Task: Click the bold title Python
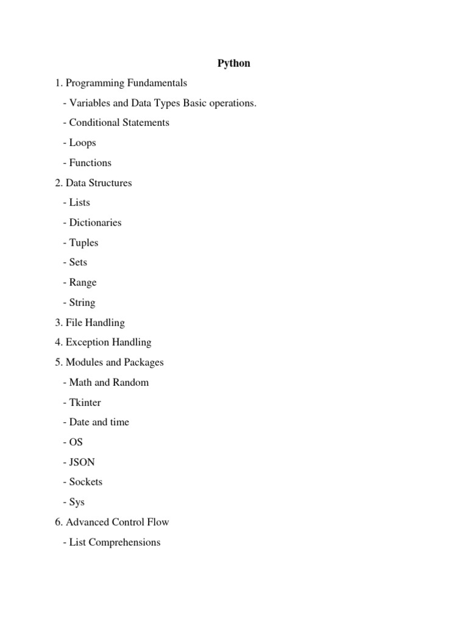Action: (234, 63)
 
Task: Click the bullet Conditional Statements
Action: (119, 123)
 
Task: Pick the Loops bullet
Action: (82, 143)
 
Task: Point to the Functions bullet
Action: (90, 162)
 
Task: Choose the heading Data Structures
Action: (98, 183)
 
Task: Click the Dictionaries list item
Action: (95, 223)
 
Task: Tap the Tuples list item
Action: (83, 243)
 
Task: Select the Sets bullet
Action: (78, 262)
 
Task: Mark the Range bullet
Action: (82, 282)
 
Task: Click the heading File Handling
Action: (94, 322)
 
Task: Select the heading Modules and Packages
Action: (115, 363)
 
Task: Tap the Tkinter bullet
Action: (85, 402)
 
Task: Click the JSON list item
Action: (82, 462)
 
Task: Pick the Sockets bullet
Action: (85, 482)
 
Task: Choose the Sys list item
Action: (77, 502)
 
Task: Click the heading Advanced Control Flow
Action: (117, 522)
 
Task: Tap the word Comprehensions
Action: (124, 542)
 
